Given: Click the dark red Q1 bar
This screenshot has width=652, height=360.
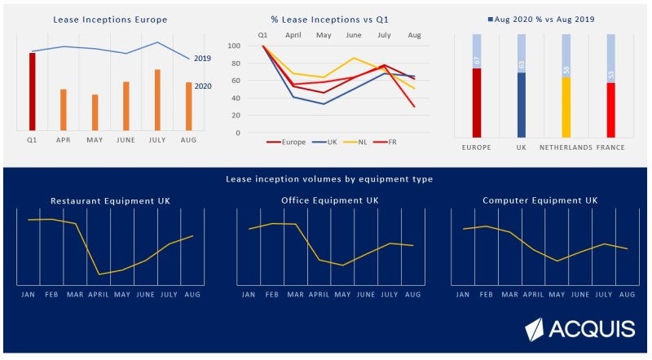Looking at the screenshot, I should pos(32,91).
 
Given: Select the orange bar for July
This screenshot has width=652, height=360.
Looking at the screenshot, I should pos(157,99).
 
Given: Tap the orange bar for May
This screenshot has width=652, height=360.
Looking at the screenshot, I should pos(95,112).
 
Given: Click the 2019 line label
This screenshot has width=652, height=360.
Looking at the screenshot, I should pos(203,59).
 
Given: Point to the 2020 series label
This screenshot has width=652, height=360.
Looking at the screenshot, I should pos(203,86).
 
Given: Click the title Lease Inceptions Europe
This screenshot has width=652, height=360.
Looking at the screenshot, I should pos(110,20).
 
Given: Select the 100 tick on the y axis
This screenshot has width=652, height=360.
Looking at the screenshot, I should pos(235,46).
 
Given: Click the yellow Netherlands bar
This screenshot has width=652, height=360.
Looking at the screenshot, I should pos(566,107).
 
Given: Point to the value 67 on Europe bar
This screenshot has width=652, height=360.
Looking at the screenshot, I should pos(477,60).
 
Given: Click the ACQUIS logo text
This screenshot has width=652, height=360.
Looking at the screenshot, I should pos(592,329).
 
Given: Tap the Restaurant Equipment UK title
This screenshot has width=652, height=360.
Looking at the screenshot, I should pos(110,200).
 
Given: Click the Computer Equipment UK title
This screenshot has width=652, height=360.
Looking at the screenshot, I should pos(540,200).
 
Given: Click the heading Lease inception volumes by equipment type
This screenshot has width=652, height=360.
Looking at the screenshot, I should pos(328,179).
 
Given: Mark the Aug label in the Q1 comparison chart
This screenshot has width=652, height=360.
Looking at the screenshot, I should pos(414,35).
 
